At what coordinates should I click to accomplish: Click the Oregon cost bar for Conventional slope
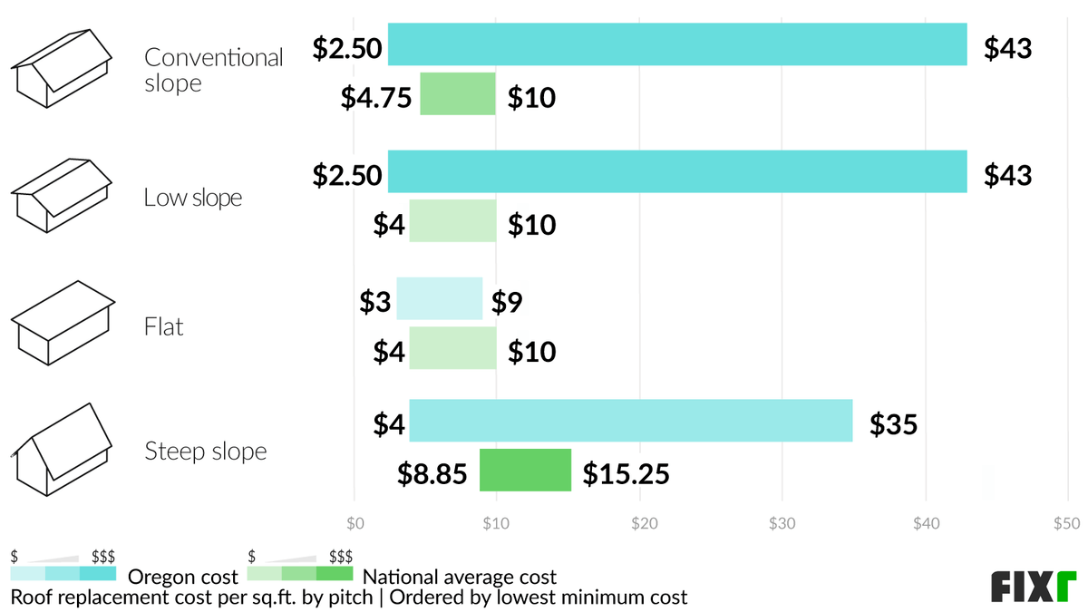pos(677,44)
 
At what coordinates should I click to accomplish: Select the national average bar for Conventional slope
pos(458,94)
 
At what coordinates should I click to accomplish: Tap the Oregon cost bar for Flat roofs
pos(440,298)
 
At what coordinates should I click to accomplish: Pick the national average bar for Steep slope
pos(525,470)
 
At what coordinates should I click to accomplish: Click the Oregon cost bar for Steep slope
pos(630,421)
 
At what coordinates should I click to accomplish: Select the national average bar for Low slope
pos(452,221)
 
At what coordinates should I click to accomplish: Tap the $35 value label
pos(893,423)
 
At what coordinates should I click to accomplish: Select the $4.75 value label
pos(376,97)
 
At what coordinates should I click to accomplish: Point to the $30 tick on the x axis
pos(782,523)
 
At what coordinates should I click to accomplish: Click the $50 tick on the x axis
pos(1067,523)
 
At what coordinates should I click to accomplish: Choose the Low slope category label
pos(193,198)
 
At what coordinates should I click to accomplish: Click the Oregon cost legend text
pos(183,577)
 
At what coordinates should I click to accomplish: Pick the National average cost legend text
pos(460,577)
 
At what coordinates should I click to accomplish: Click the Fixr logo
pos(1033,587)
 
